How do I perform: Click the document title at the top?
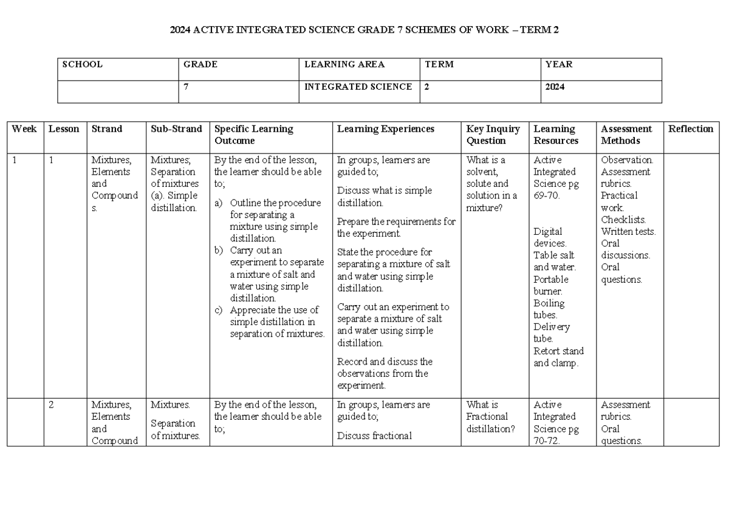(x=364, y=31)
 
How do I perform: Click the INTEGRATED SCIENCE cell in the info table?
(x=358, y=87)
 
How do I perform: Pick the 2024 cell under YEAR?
(x=555, y=87)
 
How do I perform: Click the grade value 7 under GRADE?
(x=186, y=87)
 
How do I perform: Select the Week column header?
(x=24, y=129)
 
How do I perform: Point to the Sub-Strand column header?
(x=176, y=129)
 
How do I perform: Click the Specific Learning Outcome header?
(x=253, y=135)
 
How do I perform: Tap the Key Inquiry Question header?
(x=493, y=135)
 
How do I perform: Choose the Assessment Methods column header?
(x=626, y=135)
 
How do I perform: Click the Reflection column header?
(x=691, y=129)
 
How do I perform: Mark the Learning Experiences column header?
(x=386, y=129)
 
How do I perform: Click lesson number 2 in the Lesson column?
(x=52, y=405)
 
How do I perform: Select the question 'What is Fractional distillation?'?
(x=490, y=417)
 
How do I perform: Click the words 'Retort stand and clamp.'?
(x=558, y=357)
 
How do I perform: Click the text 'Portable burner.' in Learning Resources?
(x=551, y=285)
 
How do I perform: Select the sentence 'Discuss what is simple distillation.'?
(x=385, y=197)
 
